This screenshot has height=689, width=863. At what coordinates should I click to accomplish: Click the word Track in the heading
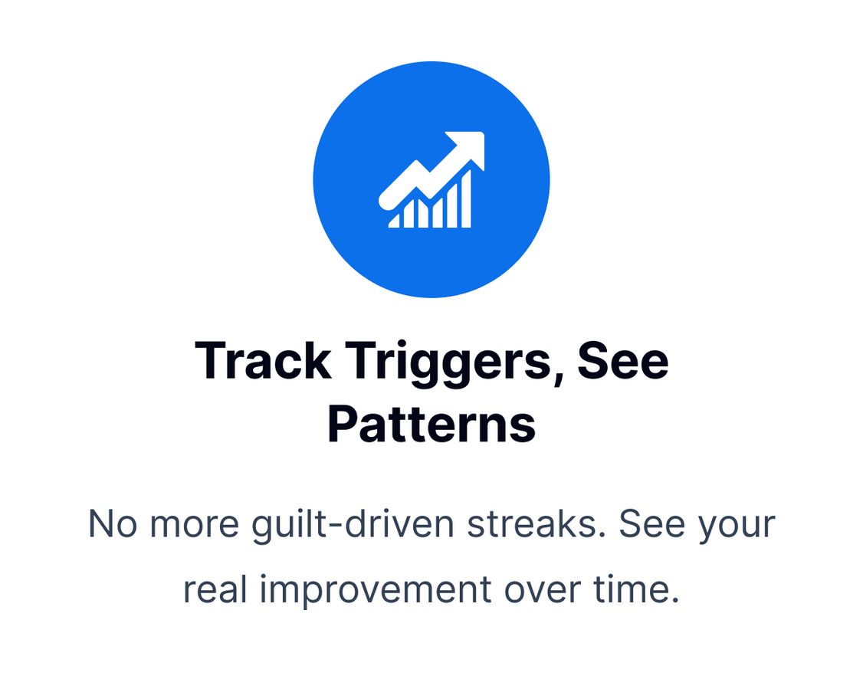[263, 360]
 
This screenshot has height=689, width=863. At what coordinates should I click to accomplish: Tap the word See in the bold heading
[622, 360]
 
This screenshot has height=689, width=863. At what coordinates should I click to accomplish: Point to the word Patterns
[431, 425]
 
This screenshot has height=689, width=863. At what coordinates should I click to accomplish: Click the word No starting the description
[113, 524]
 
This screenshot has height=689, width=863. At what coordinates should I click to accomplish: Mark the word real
[215, 589]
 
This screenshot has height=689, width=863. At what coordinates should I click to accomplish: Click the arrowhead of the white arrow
[468, 147]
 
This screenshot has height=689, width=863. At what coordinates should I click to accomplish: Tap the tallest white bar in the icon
[466, 199]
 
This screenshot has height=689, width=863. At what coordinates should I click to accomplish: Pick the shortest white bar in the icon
[394, 221]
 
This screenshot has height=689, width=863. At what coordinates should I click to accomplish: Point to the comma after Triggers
[558, 378]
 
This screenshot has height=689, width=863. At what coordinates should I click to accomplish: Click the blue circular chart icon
[431, 179]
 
